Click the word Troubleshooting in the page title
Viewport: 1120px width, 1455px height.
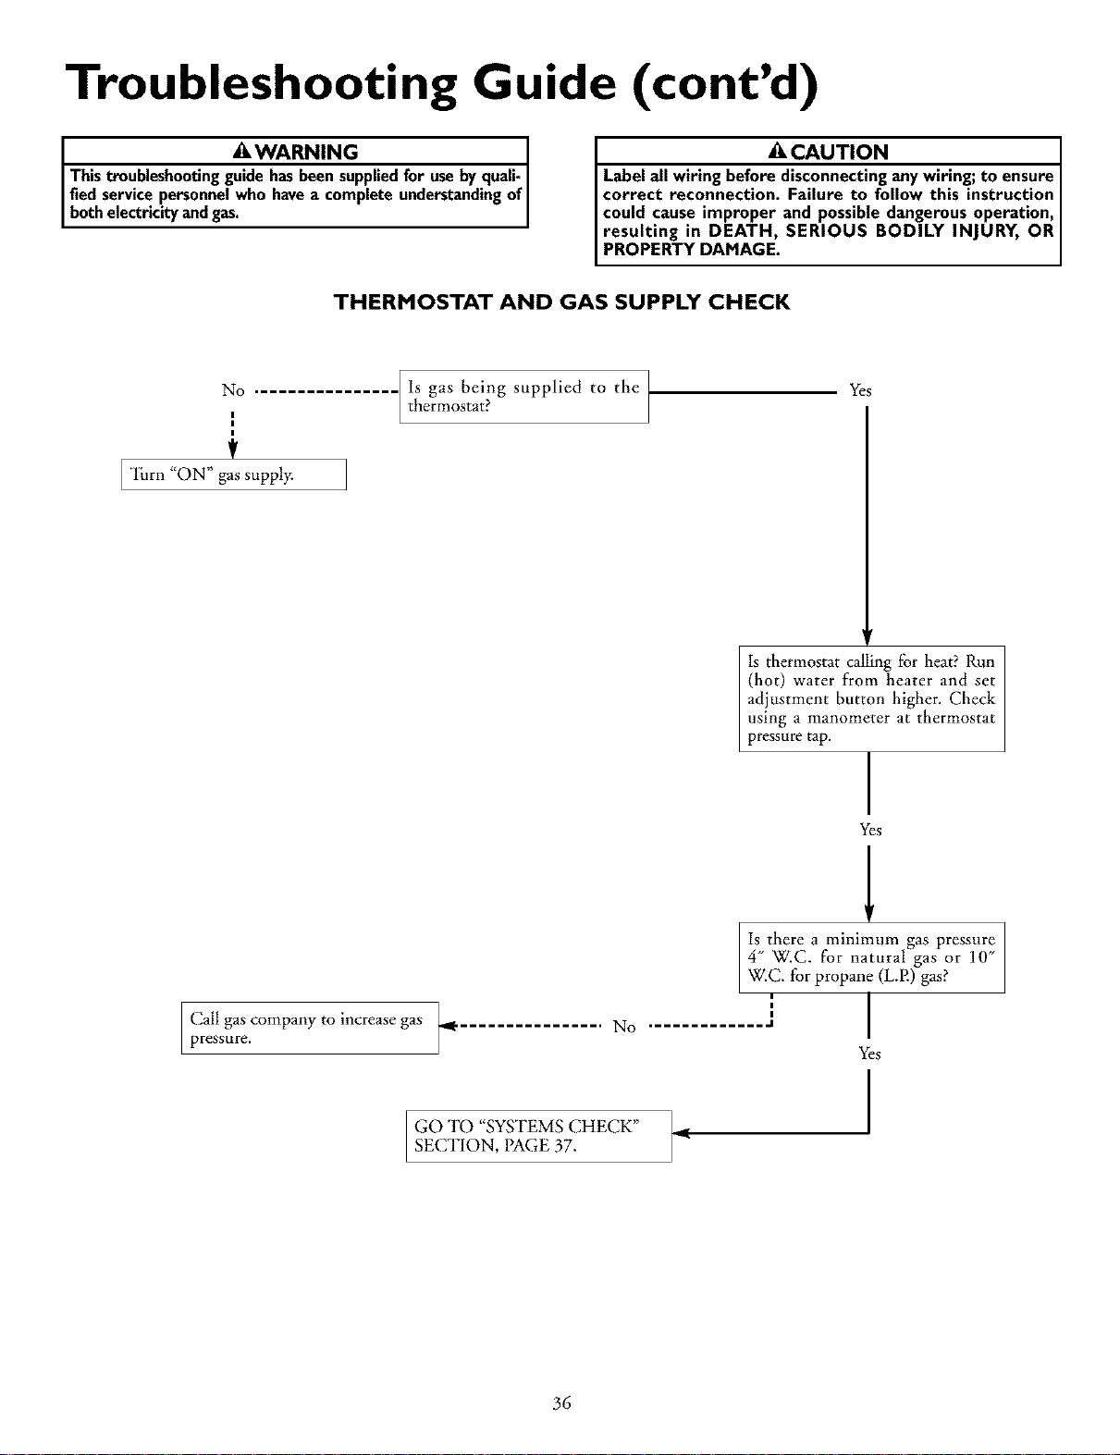[x=261, y=83]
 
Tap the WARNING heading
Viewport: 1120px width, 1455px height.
[x=307, y=152]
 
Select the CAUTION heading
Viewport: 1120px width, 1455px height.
[x=840, y=152]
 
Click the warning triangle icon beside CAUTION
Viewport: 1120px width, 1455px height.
[x=778, y=152]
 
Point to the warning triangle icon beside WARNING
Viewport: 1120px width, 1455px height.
[x=242, y=152]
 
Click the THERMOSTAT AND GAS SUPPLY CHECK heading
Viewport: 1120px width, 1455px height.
[x=561, y=302]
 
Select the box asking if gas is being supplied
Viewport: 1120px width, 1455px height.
[x=524, y=397]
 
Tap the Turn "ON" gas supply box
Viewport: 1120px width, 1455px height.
[x=234, y=475]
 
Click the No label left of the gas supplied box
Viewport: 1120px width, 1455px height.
[x=234, y=390]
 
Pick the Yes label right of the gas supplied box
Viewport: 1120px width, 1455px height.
[x=860, y=390]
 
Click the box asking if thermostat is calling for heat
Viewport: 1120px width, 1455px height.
[x=871, y=698]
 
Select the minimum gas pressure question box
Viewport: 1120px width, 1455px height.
[x=871, y=957]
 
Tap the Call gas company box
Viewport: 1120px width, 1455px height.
[x=310, y=1028]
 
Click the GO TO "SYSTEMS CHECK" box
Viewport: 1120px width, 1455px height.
[x=539, y=1136]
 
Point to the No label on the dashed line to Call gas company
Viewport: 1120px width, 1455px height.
[x=624, y=1027]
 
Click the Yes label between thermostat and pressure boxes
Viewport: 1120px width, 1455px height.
[x=870, y=830]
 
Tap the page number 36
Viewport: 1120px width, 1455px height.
[x=561, y=1402]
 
